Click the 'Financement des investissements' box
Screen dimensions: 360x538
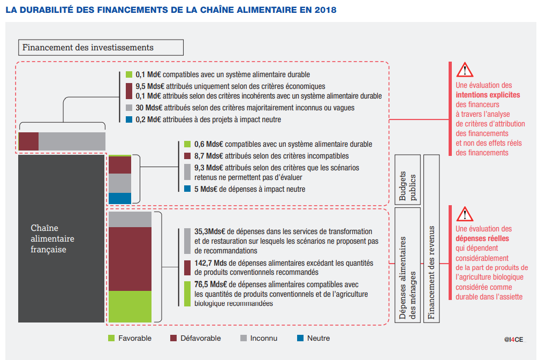(x=101, y=48)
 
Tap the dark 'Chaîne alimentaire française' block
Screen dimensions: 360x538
(x=61, y=239)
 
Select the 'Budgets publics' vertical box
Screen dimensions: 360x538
(x=406, y=179)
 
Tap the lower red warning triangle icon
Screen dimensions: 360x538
(x=465, y=215)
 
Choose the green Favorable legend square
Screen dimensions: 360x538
(x=111, y=338)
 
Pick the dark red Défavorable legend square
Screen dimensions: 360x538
(x=173, y=338)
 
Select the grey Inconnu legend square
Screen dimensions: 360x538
(x=243, y=338)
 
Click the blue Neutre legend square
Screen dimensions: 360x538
(x=300, y=338)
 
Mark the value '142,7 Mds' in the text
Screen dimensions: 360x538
(x=210, y=262)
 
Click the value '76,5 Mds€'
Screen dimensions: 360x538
(x=210, y=284)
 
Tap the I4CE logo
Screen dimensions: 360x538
(x=514, y=339)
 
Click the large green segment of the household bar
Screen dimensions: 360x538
(x=130, y=306)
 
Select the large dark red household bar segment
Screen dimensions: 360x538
(x=130, y=259)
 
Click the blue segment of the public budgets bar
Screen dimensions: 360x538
(x=119, y=198)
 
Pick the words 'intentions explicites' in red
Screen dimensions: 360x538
(x=487, y=95)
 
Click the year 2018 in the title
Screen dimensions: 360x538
(x=326, y=10)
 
